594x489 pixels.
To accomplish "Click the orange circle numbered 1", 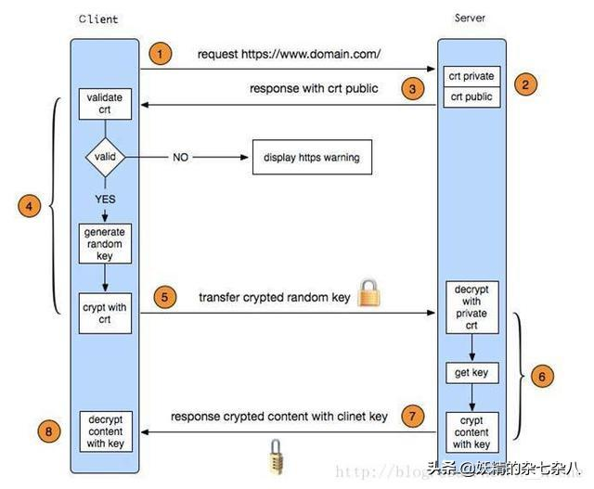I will (x=161, y=54).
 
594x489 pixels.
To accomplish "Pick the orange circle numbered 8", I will (x=50, y=430).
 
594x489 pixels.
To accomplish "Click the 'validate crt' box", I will (x=106, y=104).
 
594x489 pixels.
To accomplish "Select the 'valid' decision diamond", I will (x=105, y=158).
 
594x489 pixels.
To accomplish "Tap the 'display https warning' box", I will (x=304, y=158).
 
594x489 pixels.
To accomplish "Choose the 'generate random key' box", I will (x=106, y=243).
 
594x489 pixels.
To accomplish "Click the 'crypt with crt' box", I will (x=106, y=312).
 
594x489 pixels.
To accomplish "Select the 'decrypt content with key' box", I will (x=105, y=431).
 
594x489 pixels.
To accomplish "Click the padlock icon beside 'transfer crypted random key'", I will (x=369, y=295).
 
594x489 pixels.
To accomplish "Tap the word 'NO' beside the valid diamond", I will (x=181, y=158).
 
